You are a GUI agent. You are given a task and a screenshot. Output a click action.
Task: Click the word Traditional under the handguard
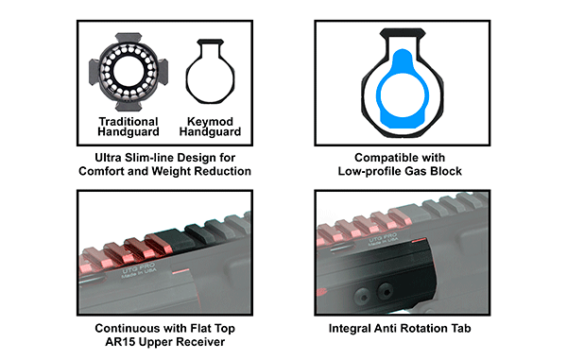click(x=129, y=122)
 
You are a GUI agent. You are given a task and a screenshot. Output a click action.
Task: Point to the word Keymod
click(x=210, y=122)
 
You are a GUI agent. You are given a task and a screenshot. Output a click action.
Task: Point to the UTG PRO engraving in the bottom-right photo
click(x=383, y=239)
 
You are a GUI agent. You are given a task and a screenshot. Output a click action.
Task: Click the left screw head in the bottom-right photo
click(x=362, y=296)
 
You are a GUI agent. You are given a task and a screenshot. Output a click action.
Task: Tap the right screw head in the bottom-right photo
click(x=385, y=291)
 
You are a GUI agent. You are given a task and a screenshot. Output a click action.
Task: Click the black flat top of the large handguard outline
click(x=403, y=32)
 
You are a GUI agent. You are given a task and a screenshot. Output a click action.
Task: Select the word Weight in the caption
click(x=171, y=171)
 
